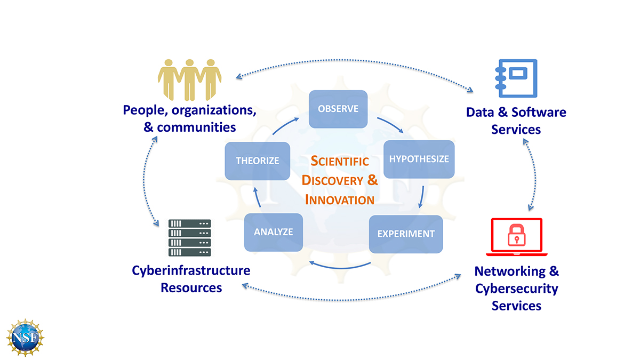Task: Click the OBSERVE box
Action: [338, 109]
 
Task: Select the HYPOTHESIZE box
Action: [419, 159]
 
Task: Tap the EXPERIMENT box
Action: [405, 234]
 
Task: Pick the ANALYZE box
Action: [273, 232]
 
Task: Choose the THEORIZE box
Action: [257, 161]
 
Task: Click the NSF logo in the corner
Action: [25, 338]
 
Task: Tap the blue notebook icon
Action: [516, 78]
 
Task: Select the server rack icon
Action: [190, 238]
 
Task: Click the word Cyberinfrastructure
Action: [191, 270]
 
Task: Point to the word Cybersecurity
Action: [516, 289]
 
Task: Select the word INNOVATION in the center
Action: [339, 200]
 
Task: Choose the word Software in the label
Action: [539, 113]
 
